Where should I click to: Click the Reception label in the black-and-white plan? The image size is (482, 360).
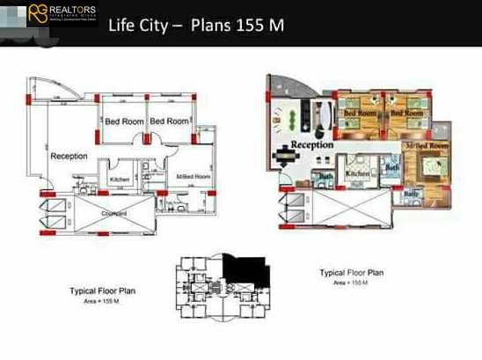click(69, 156)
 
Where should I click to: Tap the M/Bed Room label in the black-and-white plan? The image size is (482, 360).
click(193, 177)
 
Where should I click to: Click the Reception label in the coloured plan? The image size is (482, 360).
click(311, 144)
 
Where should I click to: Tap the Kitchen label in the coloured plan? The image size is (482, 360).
click(357, 174)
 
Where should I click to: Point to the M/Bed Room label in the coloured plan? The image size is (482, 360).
click(427, 145)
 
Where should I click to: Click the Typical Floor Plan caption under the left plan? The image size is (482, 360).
click(102, 289)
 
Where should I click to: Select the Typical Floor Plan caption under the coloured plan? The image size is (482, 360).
click(351, 273)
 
